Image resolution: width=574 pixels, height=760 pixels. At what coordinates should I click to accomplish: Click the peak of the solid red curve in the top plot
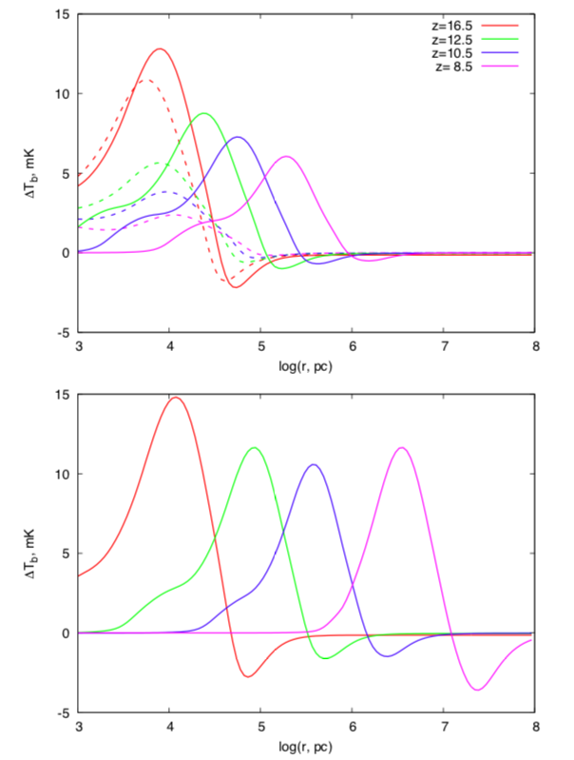(x=160, y=49)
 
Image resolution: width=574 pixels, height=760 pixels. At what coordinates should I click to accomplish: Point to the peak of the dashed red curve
(x=144, y=80)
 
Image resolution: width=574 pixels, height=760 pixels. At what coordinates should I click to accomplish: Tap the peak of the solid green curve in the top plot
(x=203, y=113)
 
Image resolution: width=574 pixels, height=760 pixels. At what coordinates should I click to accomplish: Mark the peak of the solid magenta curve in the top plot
(x=285, y=156)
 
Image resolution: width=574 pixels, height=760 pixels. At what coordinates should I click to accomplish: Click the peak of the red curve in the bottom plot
(x=176, y=398)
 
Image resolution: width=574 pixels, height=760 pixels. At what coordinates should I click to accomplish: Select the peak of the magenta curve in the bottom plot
(x=403, y=447)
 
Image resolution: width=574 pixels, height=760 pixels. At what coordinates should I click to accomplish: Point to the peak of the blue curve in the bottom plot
(x=313, y=464)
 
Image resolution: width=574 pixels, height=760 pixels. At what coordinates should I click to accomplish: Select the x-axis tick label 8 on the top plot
(x=535, y=347)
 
